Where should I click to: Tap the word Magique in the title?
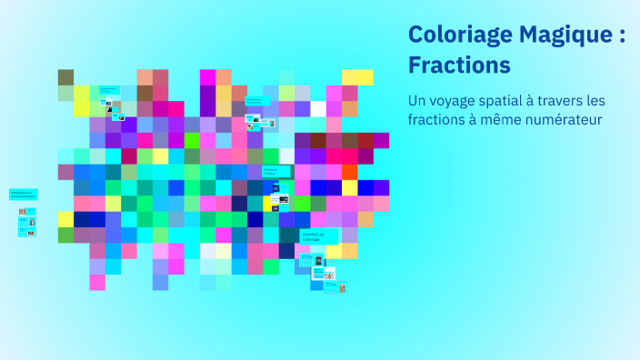(562, 35)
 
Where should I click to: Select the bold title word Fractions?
(459, 65)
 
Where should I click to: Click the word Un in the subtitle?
(417, 101)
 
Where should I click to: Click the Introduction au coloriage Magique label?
(24, 195)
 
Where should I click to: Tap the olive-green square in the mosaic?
(65, 77)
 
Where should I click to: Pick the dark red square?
(365, 140)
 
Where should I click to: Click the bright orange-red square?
(350, 172)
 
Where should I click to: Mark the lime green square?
(192, 140)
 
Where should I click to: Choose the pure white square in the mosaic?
(208, 251)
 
